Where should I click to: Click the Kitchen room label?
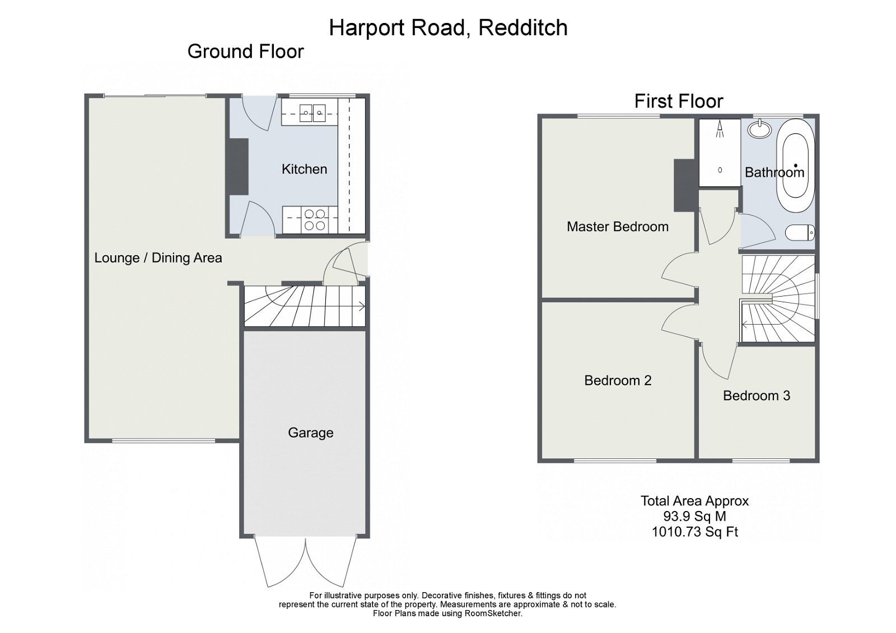pyautogui.click(x=304, y=169)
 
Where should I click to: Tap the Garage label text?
pyautogui.click(x=310, y=433)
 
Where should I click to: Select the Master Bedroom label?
pyautogui.click(x=617, y=227)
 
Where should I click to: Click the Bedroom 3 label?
pyautogui.click(x=756, y=396)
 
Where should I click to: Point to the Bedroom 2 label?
pyautogui.click(x=617, y=381)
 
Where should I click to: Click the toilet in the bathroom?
pyautogui.click(x=800, y=232)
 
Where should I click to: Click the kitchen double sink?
pyautogui.click(x=312, y=112)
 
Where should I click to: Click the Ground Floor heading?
pyautogui.click(x=245, y=51)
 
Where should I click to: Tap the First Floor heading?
pyautogui.click(x=678, y=101)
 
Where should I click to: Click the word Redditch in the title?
pyautogui.click(x=523, y=28)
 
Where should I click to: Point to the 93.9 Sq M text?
pyautogui.click(x=694, y=517)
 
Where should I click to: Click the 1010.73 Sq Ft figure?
pyautogui.click(x=694, y=532)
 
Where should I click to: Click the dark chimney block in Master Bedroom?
pyautogui.click(x=683, y=185)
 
